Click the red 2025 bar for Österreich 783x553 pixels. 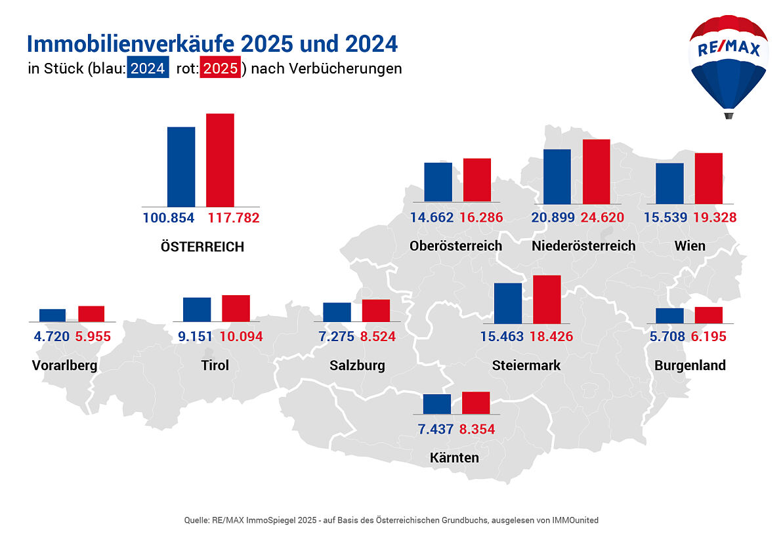pyautogui.click(x=220, y=160)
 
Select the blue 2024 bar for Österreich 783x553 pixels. pyautogui.click(x=181, y=167)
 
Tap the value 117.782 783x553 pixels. pyautogui.click(x=234, y=218)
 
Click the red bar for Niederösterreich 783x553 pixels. pyautogui.click(x=596, y=171)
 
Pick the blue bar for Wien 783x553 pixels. pyautogui.click(x=669, y=183)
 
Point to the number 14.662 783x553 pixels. pyautogui.click(x=432, y=218)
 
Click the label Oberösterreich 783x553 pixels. pyautogui.click(x=455, y=246)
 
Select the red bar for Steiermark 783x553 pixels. pyautogui.click(x=547, y=299)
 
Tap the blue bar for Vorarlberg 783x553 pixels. pyautogui.click(x=53, y=315)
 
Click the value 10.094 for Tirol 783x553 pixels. pyautogui.click(x=241, y=337)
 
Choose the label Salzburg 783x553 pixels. pyautogui.click(x=357, y=365)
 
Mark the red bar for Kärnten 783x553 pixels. pyautogui.click(x=476, y=403)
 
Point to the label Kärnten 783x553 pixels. pyautogui.click(x=454, y=458)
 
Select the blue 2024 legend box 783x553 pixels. pyautogui.click(x=147, y=68)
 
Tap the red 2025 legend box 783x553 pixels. pyautogui.click(x=220, y=68)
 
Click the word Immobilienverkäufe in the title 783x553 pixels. pyautogui.click(x=130, y=44)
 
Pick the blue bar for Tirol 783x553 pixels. pyautogui.click(x=197, y=309)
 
